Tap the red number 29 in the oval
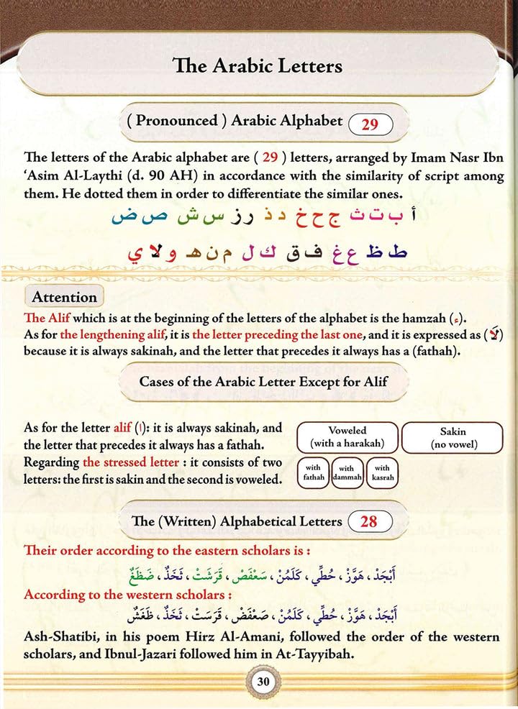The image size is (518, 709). point(370,124)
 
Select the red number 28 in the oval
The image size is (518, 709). point(369,520)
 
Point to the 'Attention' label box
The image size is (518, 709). point(64,297)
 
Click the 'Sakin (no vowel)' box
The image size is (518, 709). point(453,438)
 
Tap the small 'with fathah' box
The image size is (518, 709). point(313,472)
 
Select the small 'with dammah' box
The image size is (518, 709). point(346,472)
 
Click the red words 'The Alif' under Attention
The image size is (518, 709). point(47,317)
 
